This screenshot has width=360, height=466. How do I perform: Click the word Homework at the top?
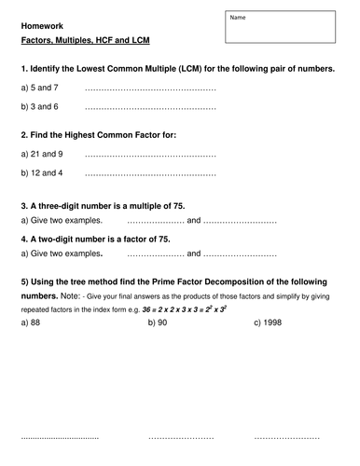click(42, 26)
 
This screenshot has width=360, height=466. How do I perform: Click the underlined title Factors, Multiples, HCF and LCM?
click(85, 43)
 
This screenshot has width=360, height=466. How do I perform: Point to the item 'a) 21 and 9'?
click(41, 154)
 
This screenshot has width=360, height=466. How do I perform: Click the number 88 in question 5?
click(36, 322)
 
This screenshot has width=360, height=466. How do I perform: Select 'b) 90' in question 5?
click(158, 322)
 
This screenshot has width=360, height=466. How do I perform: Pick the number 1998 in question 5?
click(273, 322)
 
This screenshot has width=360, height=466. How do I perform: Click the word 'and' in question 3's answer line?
click(194, 221)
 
